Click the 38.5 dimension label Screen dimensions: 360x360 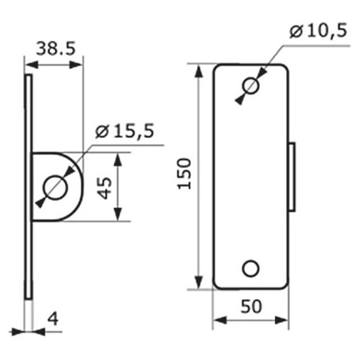(x=56, y=49)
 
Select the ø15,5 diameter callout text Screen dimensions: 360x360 (x=125, y=131)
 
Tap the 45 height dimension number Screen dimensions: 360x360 (x=104, y=188)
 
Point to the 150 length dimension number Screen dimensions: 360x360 (x=184, y=174)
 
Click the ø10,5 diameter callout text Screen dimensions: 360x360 (x=318, y=31)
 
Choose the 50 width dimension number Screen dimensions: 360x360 (x=251, y=306)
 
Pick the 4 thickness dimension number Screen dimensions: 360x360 (x=53, y=319)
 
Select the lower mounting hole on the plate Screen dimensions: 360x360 (x=251, y=269)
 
